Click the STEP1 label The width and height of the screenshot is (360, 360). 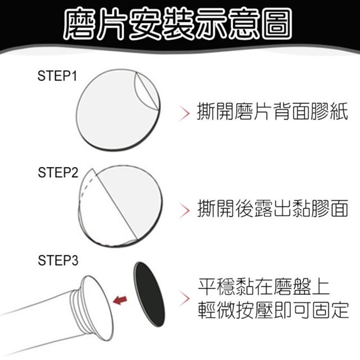[57, 75]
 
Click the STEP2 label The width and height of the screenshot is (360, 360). [58, 173]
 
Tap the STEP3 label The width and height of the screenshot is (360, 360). [58, 260]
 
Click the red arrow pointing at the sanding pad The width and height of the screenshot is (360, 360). [120, 300]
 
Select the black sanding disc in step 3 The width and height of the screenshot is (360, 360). [150, 294]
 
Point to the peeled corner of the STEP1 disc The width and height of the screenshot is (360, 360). [146, 91]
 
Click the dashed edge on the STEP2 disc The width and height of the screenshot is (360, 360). [86, 186]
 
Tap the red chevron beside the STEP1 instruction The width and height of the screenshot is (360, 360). [184, 113]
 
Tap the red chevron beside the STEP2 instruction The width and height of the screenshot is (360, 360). [184, 210]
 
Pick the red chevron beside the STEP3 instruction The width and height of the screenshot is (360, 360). [184, 299]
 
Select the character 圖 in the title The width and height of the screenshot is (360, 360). [277, 24]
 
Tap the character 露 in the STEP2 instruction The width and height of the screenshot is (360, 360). [263, 209]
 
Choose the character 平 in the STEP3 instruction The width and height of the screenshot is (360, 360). [207, 287]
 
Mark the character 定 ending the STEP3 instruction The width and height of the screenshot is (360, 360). [340, 310]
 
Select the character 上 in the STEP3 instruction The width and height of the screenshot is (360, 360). [321, 287]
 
